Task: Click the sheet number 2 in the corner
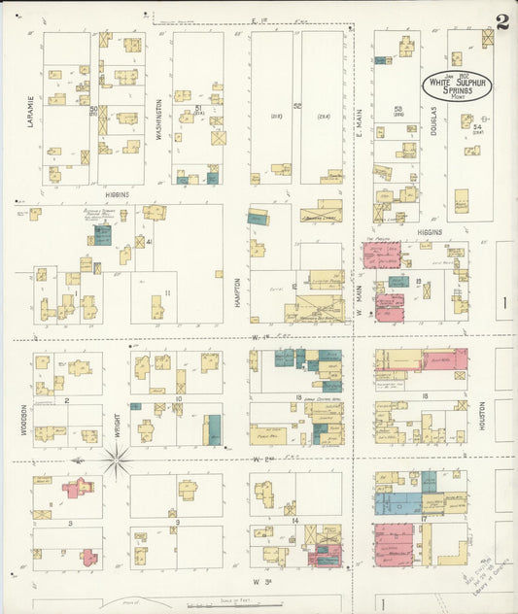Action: pos(501,22)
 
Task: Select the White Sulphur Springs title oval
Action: pos(457,85)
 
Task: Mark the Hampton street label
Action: pos(236,292)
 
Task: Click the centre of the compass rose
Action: pos(117,460)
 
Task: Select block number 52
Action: pos(298,106)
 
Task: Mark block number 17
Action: pos(425,521)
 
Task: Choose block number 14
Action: pos(293,522)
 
